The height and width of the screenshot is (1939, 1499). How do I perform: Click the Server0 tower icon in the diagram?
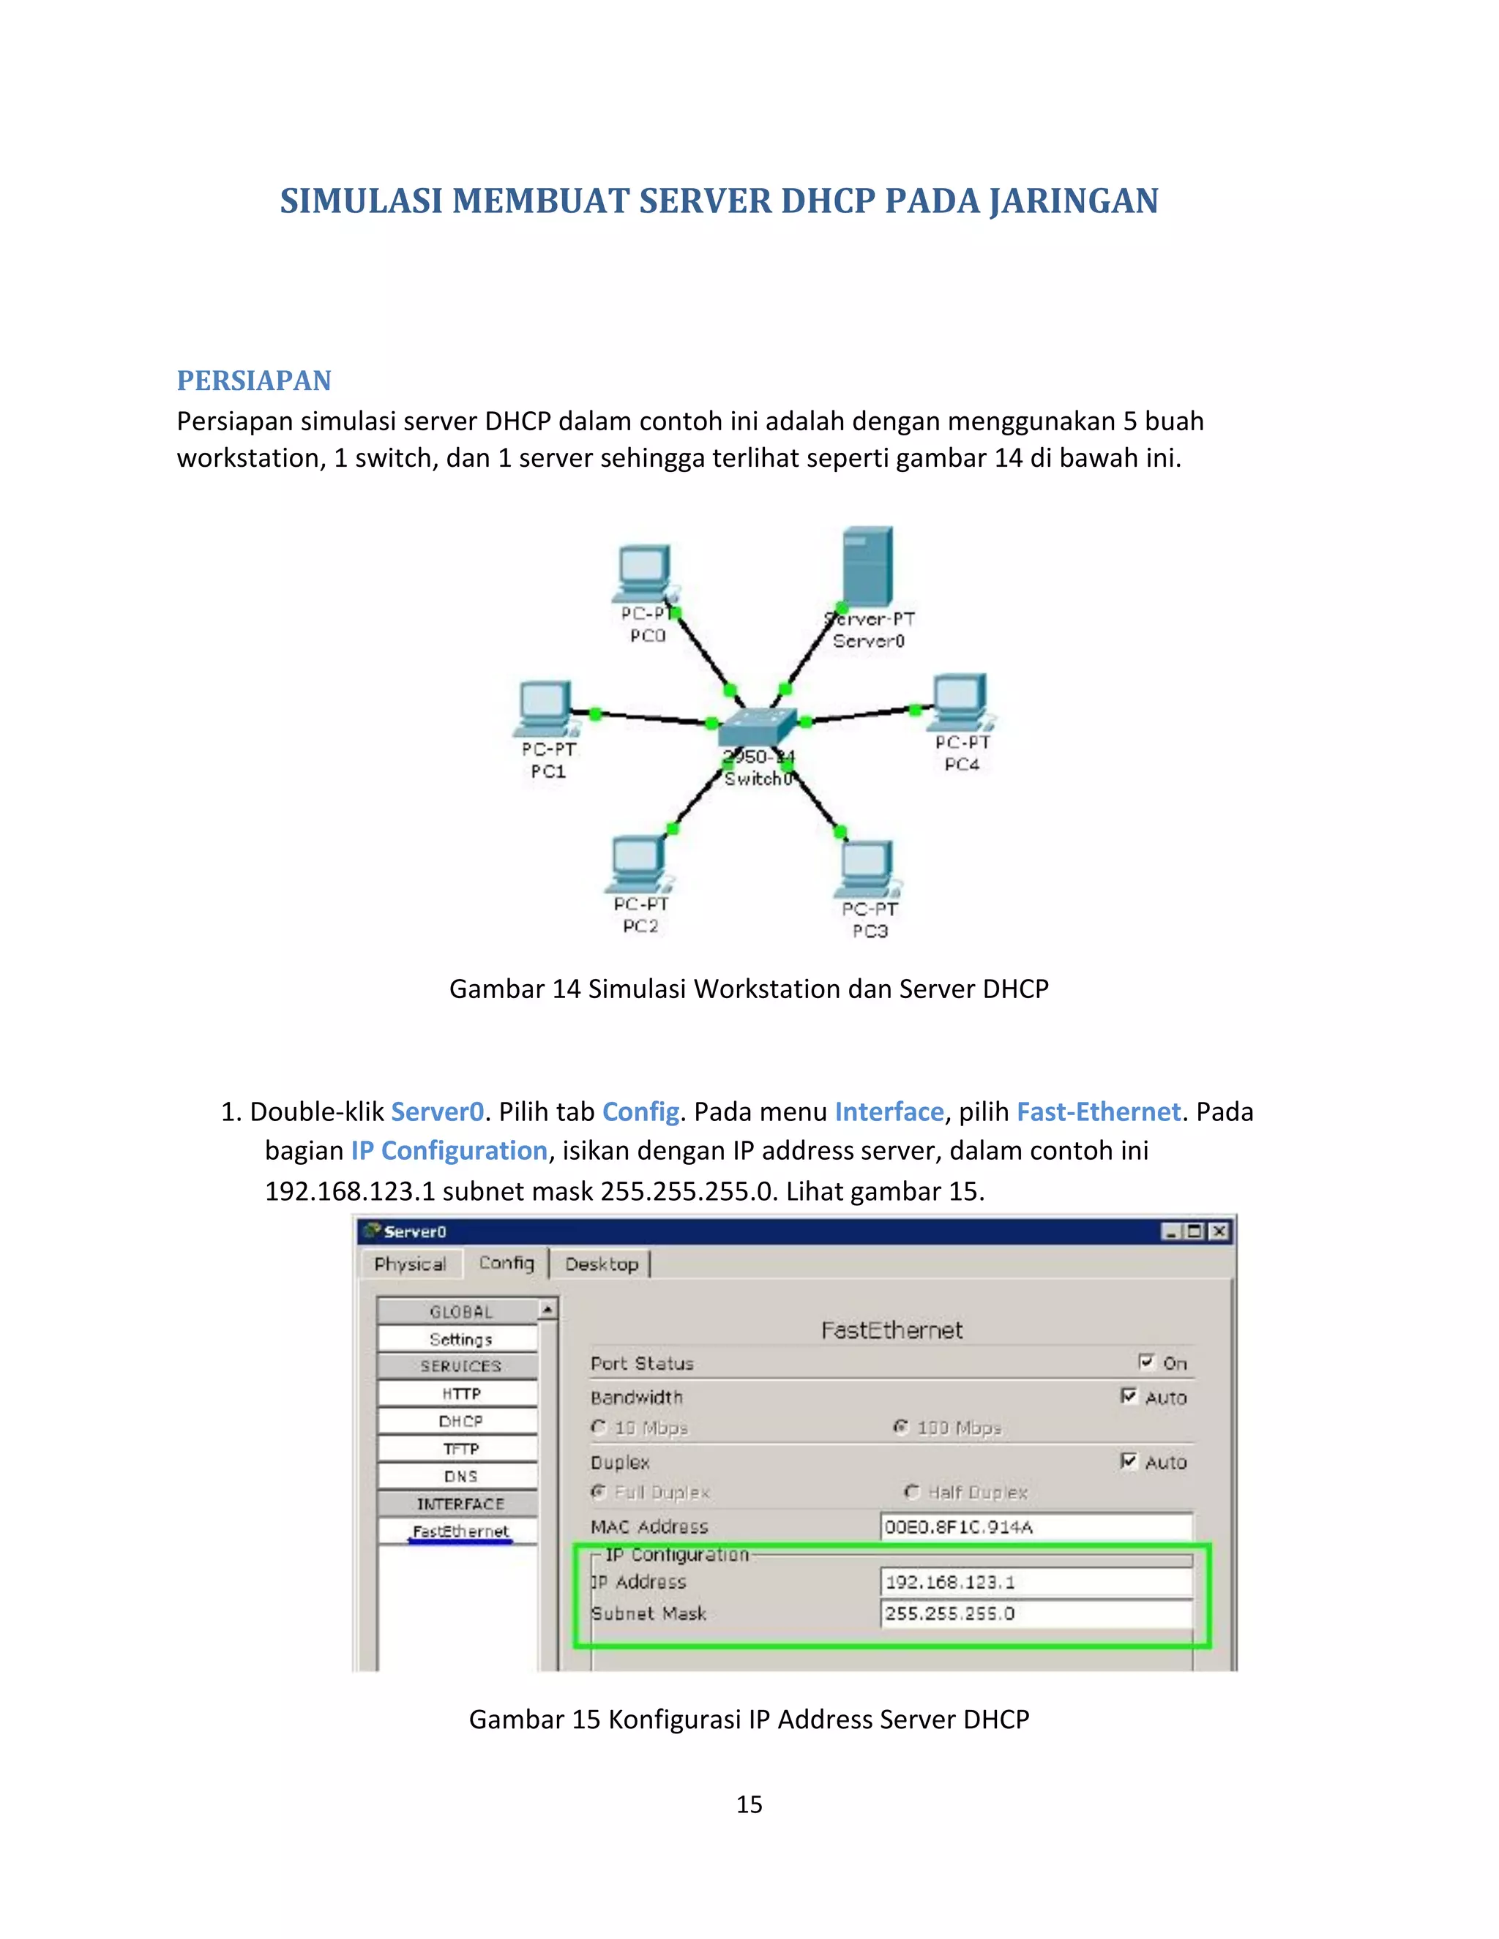pyautogui.click(x=867, y=566)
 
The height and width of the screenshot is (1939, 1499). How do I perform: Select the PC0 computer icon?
pyautogui.click(x=645, y=573)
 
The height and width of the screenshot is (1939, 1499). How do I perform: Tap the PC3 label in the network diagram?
pyautogui.click(x=870, y=931)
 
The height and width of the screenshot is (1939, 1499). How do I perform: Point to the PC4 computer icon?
pyautogui.click(x=961, y=700)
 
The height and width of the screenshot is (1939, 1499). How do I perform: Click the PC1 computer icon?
pyautogui.click(x=545, y=708)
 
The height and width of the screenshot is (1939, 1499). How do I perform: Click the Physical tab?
pyautogui.click(x=411, y=1264)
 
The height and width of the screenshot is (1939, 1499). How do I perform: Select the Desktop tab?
pyautogui.click(x=601, y=1264)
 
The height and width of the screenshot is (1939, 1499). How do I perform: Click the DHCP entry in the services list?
pyautogui.click(x=460, y=1422)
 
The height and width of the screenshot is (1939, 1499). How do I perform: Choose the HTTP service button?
pyautogui.click(x=460, y=1394)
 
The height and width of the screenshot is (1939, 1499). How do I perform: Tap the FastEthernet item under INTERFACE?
pyautogui.click(x=460, y=1531)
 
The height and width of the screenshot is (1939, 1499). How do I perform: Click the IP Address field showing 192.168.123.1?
pyautogui.click(x=1036, y=1582)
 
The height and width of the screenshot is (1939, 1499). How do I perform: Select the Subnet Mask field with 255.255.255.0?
pyautogui.click(x=1036, y=1613)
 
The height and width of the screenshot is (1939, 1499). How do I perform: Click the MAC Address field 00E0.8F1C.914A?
pyautogui.click(x=1036, y=1527)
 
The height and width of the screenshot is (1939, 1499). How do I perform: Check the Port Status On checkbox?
pyautogui.click(x=1146, y=1362)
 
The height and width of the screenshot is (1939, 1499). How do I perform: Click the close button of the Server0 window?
pyautogui.click(x=1219, y=1231)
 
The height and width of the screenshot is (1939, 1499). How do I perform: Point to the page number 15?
pyautogui.click(x=749, y=1804)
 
